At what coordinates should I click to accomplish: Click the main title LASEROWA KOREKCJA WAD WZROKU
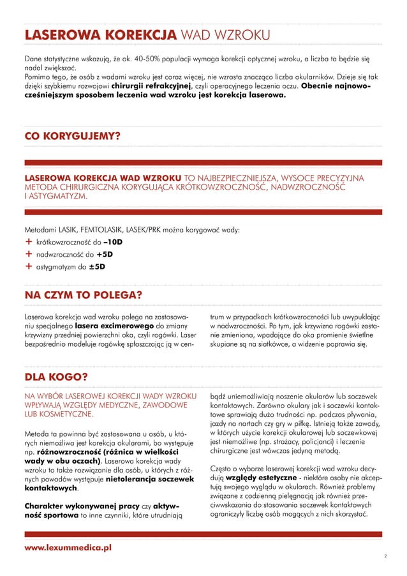point(147,34)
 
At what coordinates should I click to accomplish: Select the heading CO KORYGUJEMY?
point(72,136)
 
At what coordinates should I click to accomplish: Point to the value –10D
point(113,243)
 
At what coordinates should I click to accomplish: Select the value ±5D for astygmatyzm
point(96,267)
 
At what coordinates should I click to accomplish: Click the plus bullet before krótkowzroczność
point(28,243)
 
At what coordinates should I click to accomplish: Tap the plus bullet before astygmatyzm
point(28,267)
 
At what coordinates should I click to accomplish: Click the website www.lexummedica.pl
point(68,548)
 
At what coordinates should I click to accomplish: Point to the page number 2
point(385,556)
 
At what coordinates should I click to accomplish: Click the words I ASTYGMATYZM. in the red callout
point(55,197)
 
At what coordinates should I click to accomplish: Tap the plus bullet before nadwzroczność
point(28,255)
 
